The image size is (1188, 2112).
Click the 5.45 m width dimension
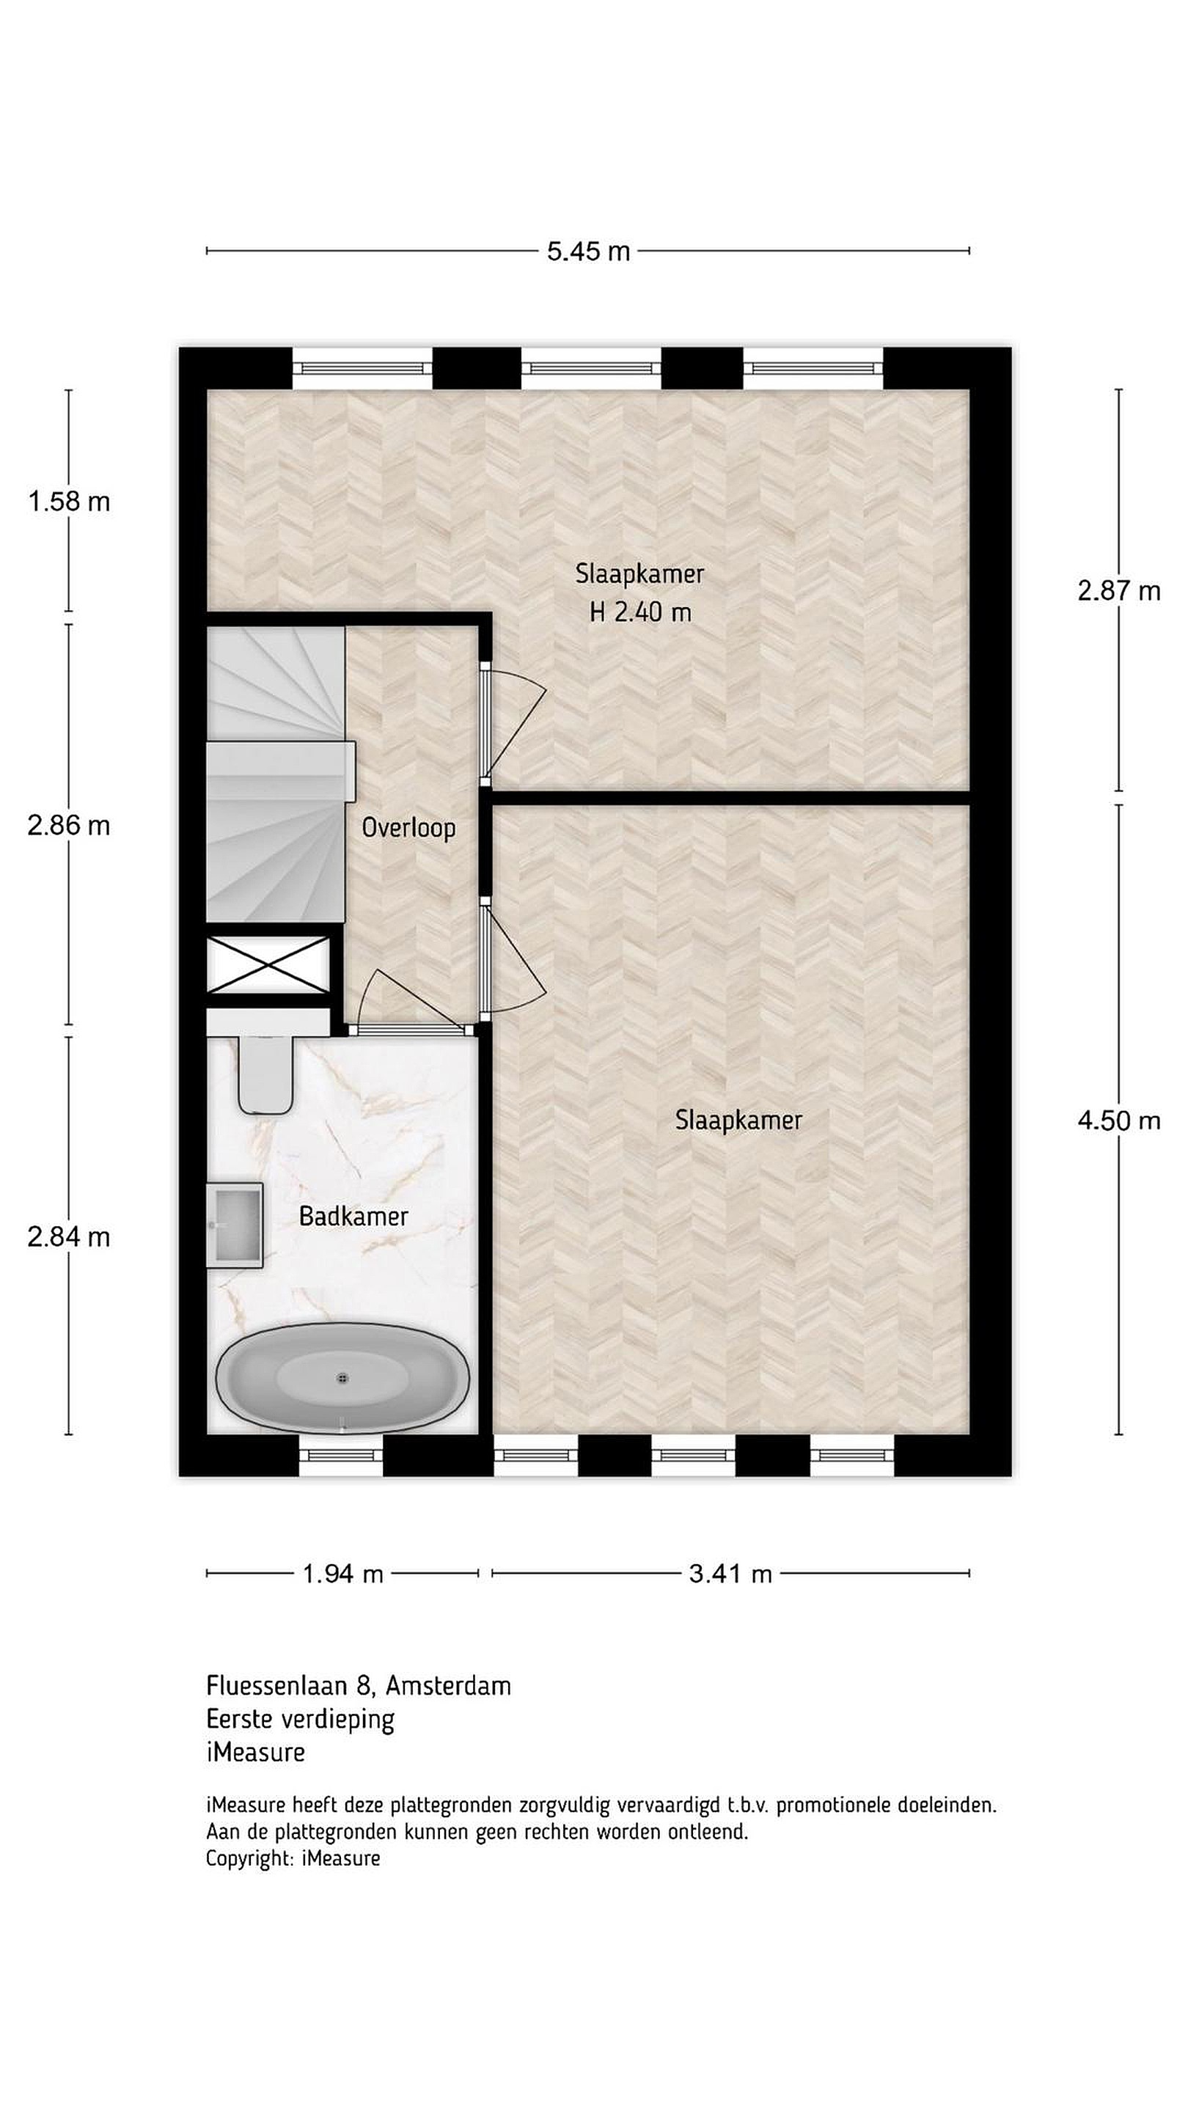[589, 251]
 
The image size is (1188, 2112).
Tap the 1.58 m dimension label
[69, 501]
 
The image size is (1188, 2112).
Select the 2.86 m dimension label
[69, 825]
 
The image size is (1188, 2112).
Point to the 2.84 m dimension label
[69, 1236]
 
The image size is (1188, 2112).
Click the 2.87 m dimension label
[1118, 590]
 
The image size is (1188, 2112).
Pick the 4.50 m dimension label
[1118, 1120]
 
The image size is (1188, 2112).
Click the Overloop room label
[408, 828]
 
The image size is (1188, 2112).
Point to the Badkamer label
[353, 1216]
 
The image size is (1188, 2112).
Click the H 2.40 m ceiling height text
[640, 612]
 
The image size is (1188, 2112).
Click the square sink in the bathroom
[235, 1225]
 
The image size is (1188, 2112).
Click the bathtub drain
[342, 1378]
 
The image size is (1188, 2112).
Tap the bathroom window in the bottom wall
[341, 1455]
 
